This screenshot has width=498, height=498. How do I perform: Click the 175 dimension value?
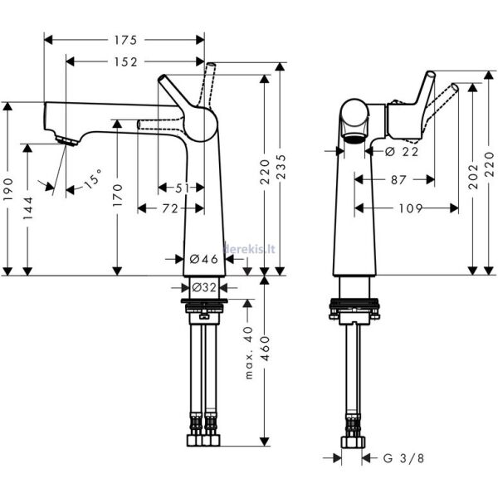(126, 39)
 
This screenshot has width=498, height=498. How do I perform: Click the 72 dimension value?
(169, 209)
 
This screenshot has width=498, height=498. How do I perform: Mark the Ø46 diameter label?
(204, 260)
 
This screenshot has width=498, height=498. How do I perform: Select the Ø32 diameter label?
(204, 287)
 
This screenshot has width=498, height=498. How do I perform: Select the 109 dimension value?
(406, 208)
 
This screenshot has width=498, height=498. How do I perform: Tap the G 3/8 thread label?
(402, 457)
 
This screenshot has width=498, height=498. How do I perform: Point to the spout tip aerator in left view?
(65, 140)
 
